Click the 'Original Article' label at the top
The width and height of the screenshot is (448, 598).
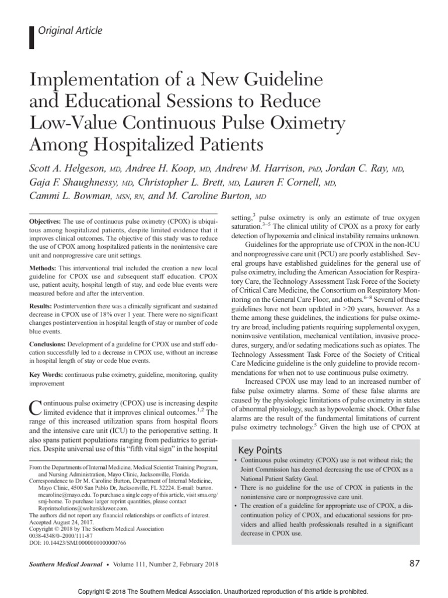[x=69, y=31]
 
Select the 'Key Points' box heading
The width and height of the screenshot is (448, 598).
[x=261, y=450]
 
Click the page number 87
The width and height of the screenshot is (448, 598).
[x=414, y=564]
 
